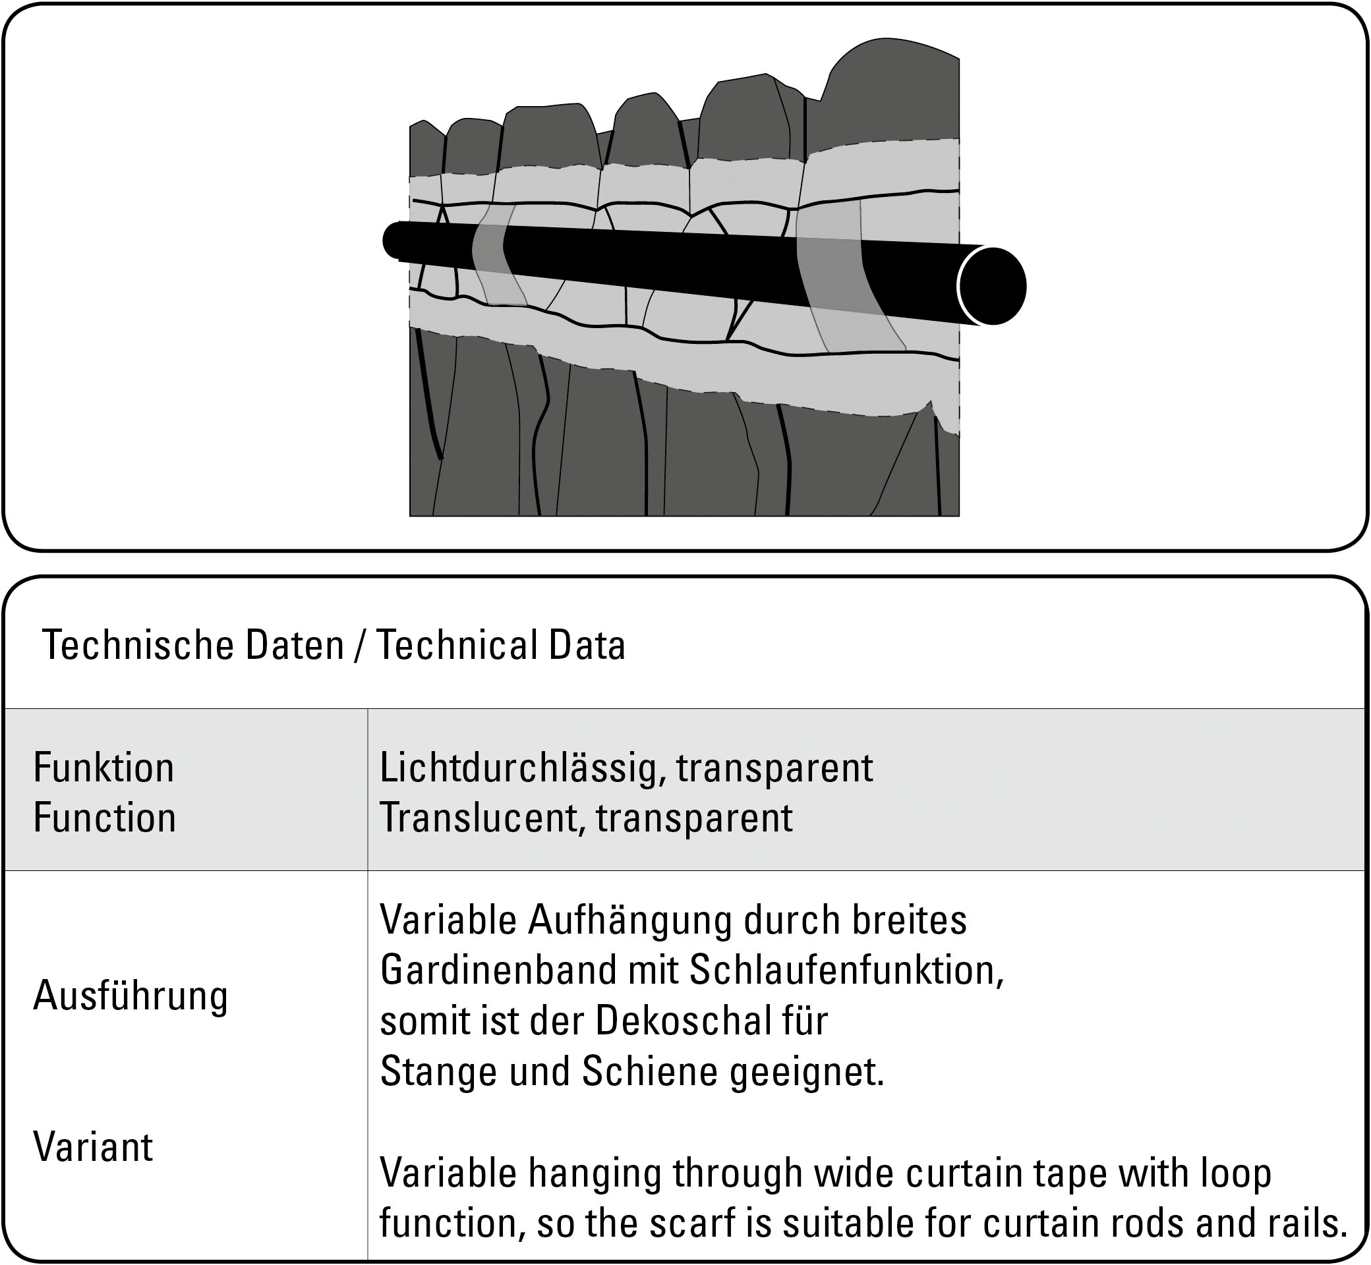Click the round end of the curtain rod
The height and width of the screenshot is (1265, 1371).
pos(991,286)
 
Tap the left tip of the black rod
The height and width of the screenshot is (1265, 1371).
pos(392,241)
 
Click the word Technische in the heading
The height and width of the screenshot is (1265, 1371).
pos(136,645)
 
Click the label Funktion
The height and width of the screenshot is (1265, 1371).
pos(103,768)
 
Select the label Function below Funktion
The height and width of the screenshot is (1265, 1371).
pos(104,818)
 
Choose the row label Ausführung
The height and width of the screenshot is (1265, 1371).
pos(130,996)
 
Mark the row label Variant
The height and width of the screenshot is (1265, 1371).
pos(93,1146)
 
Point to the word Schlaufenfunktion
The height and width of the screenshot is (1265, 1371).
pos(846,970)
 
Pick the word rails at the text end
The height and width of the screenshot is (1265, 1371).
pos(1298,1223)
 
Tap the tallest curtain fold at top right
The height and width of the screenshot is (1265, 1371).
pos(890,89)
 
